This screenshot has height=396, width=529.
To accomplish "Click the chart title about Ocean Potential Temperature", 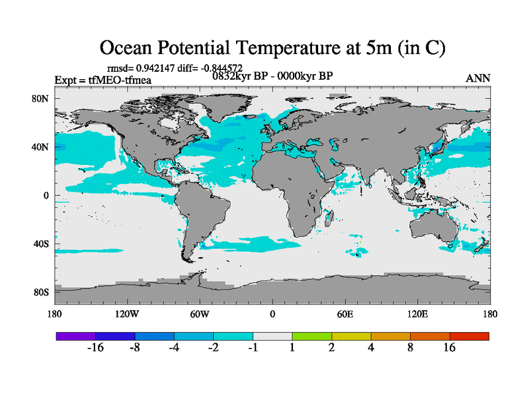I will (x=272, y=48).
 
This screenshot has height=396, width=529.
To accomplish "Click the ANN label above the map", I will (x=478, y=79).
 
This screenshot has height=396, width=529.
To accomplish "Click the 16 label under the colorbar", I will (x=450, y=348).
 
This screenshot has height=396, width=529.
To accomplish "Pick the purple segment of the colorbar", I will (x=75, y=336).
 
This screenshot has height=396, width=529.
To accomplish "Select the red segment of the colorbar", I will (x=469, y=336).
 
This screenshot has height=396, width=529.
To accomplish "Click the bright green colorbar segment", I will (x=311, y=336).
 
